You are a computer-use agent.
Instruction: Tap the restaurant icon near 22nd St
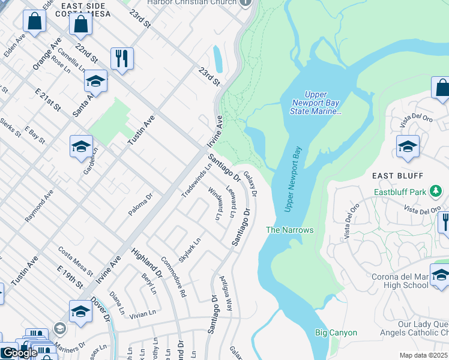pos(122,59)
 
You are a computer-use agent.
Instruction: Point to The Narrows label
pos(290,230)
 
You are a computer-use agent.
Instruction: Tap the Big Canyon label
pos(336,332)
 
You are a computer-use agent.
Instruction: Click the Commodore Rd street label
pos(174,277)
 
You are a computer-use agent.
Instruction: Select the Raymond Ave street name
pos(39,206)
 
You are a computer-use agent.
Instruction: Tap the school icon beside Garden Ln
pos(81,146)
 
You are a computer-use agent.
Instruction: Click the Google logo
pos(19,353)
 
